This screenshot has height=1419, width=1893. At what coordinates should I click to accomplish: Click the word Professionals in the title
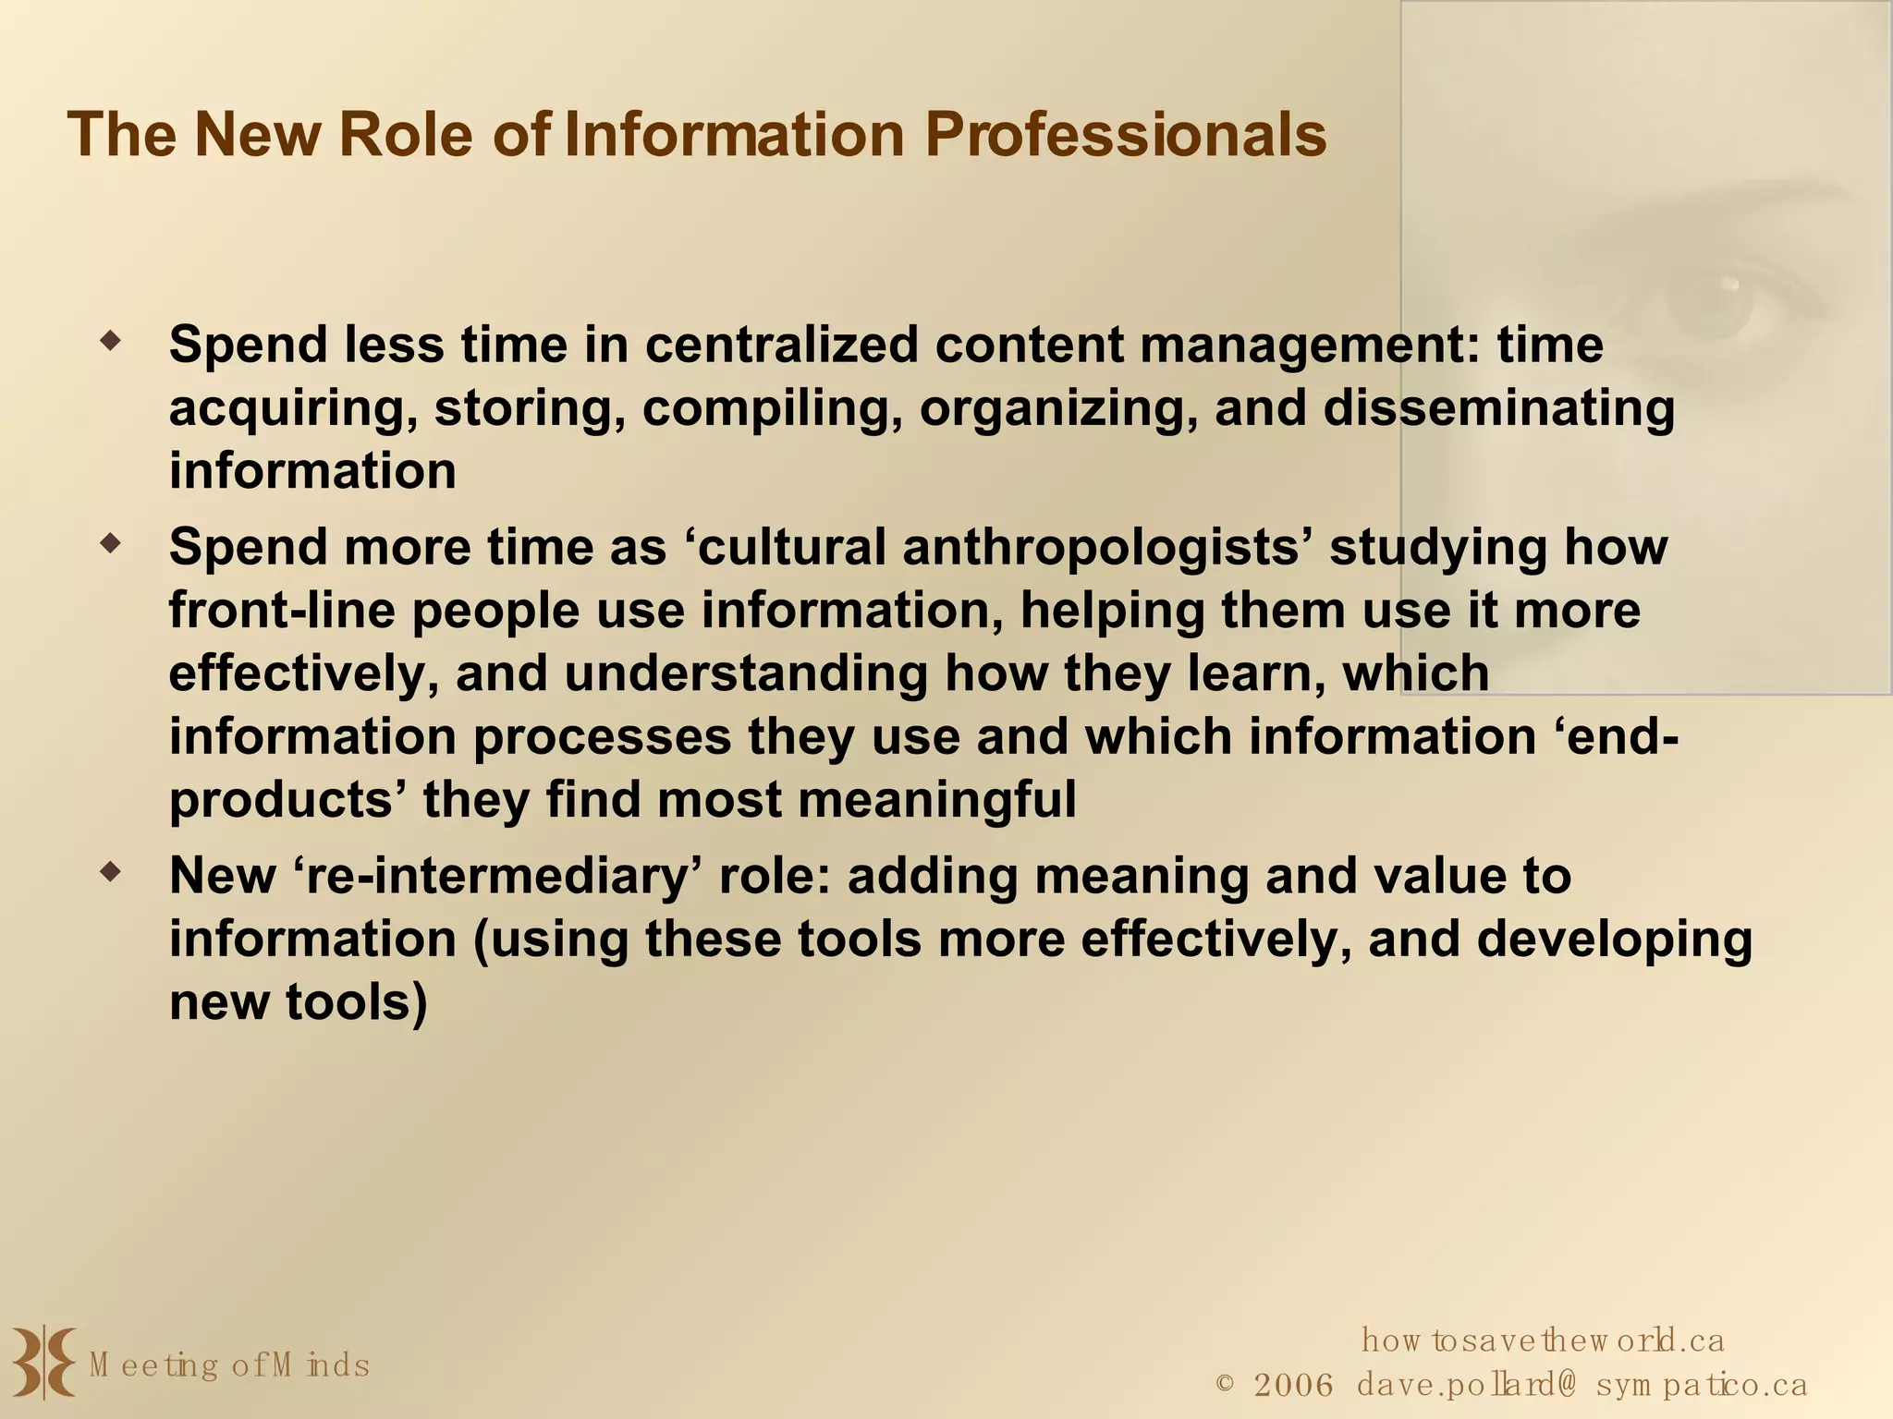pos(1125,135)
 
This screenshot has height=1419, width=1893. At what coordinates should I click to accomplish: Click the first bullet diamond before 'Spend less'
pos(111,342)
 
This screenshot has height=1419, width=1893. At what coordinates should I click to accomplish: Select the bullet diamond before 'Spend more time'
pos(111,544)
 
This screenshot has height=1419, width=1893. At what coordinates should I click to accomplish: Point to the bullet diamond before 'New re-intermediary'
pos(111,872)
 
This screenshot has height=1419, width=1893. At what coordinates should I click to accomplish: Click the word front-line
pos(282,611)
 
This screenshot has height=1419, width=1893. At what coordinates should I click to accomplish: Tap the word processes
pos(602,736)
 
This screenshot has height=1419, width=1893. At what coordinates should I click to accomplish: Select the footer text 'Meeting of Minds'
pos(229,1364)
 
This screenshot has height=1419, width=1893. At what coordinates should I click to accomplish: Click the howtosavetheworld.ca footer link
pos(1543,1340)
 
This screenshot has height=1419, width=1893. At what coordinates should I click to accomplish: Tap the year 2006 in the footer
pos(1293,1385)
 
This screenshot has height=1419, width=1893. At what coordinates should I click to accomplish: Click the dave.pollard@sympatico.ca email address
pos(1582,1385)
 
